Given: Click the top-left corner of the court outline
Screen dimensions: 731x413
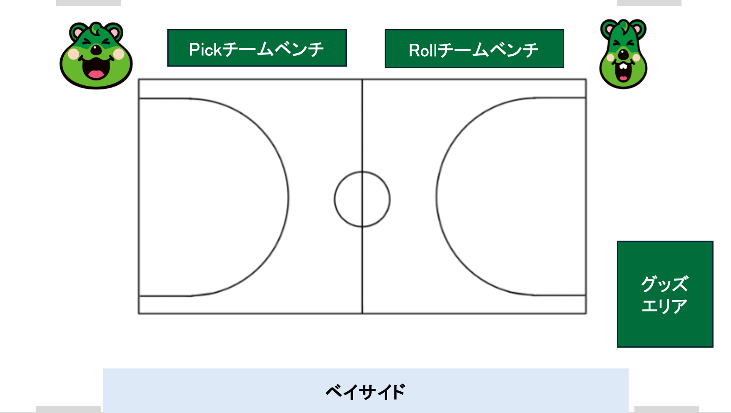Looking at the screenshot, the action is pos(139,79).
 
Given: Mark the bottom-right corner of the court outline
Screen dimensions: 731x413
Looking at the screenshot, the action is pos(586,313).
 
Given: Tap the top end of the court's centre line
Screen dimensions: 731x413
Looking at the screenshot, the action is pos(362,80).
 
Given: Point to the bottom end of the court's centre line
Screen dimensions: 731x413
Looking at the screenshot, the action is pos(362,313).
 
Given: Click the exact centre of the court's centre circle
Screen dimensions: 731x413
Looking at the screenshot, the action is pos(362,199).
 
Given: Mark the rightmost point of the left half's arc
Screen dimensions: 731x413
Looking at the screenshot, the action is pos(288,197).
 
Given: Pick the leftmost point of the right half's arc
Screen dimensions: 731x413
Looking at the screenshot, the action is pos(437,197).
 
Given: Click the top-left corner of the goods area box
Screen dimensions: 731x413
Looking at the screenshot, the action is pos(617,241).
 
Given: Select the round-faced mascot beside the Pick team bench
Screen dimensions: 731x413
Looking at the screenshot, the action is pos(96,55).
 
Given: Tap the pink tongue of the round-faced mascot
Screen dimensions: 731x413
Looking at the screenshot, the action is pos(96,75).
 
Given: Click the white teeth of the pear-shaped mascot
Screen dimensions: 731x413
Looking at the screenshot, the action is pos(623,66).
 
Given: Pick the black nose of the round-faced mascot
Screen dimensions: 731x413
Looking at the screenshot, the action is pos(96,50).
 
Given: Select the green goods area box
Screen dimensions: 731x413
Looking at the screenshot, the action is pos(665,294).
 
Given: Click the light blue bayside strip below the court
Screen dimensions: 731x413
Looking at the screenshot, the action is pos(365,391).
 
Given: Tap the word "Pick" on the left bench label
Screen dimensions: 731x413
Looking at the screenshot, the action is pos(206,50).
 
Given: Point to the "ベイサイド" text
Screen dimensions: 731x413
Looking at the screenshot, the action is pos(365,392).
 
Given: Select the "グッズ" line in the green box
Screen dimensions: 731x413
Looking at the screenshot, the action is pos(665,284).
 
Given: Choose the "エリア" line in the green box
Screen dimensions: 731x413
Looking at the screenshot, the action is pos(664,306).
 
